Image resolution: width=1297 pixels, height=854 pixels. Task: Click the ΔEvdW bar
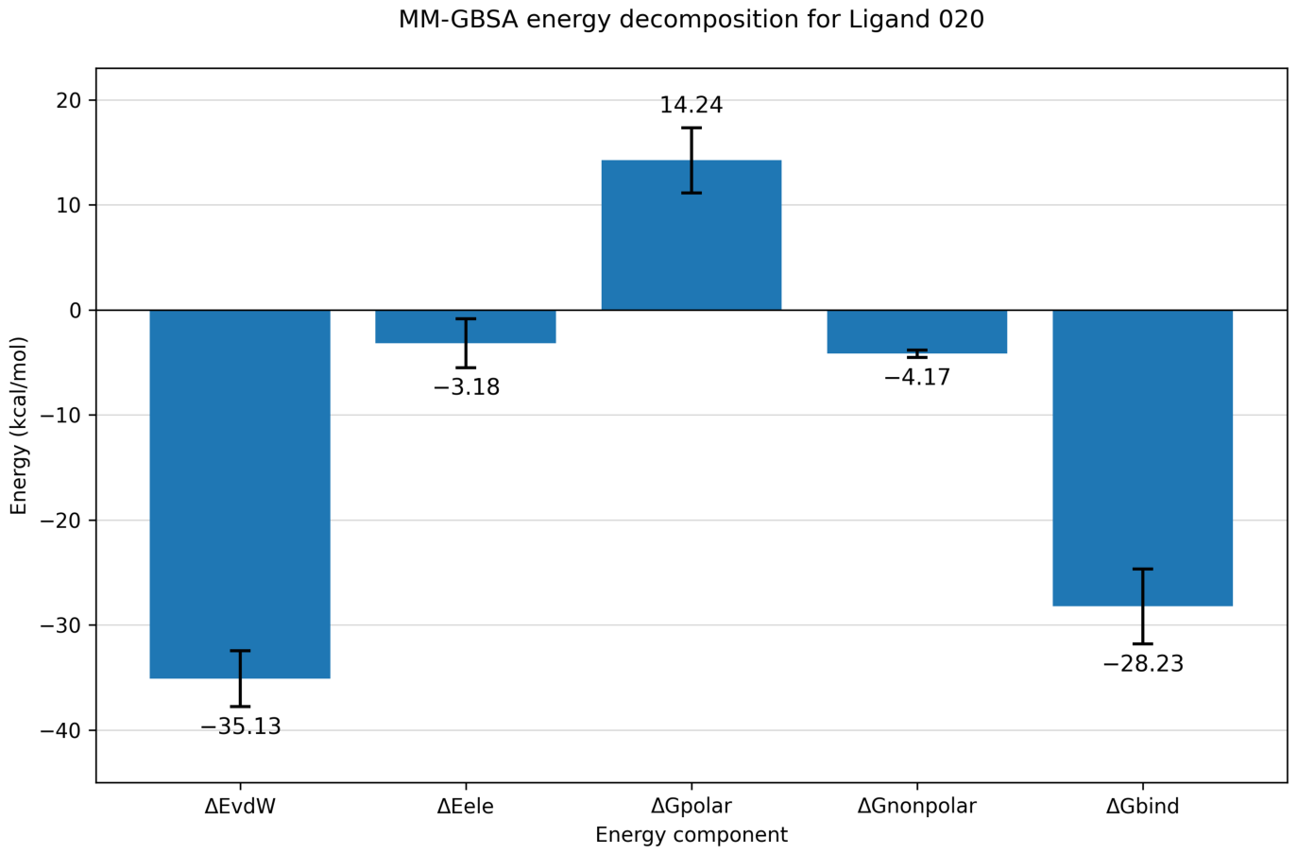tap(240, 494)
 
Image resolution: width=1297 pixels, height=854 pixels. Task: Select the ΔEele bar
tap(466, 327)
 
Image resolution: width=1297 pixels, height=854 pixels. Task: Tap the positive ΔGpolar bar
tap(691, 235)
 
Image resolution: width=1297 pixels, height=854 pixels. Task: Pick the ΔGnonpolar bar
tap(917, 332)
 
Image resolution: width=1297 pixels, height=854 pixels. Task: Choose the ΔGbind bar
tap(1142, 458)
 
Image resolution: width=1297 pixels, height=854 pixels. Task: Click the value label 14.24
tap(691, 105)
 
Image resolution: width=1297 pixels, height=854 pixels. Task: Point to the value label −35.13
tap(241, 726)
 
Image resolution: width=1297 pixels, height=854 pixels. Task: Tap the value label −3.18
tap(467, 387)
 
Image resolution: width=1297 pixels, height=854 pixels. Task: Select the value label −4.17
tap(918, 378)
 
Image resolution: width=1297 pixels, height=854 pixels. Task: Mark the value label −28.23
tap(1144, 663)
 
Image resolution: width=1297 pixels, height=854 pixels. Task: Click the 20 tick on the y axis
tap(68, 101)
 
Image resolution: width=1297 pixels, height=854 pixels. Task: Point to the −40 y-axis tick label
tap(60, 730)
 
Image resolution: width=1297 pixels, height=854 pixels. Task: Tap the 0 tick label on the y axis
tap(76, 311)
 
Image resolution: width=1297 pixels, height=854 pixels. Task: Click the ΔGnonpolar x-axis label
tap(917, 806)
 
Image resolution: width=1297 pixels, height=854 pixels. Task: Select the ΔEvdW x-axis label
tap(240, 806)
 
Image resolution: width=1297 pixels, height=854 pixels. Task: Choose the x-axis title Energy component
tap(691, 835)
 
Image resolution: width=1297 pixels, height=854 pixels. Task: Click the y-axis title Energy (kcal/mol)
tap(19, 425)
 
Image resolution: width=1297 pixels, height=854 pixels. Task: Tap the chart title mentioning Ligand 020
tap(691, 20)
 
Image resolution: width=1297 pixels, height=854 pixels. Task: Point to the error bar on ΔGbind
tap(1143, 606)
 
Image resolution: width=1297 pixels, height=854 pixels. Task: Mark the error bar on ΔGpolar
tap(691, 161)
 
